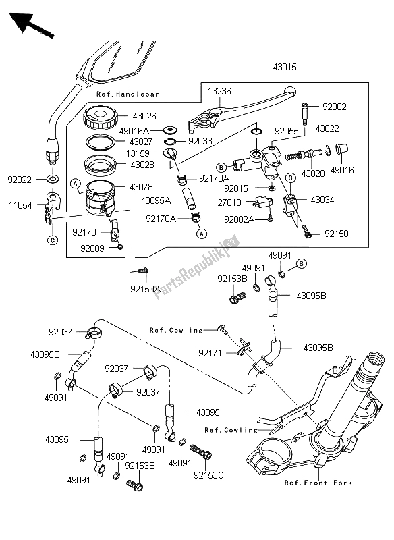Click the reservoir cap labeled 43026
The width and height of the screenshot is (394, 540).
tap(101, 121)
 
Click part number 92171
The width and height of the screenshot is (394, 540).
tap(210, 352)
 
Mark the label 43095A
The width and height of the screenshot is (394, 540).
tap(157, 200)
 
